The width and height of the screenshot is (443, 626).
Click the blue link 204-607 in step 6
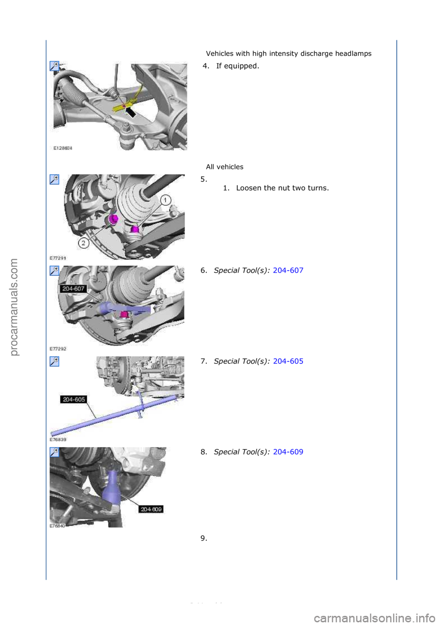tap(288, 270)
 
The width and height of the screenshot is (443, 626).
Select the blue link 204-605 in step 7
tap(288, 361)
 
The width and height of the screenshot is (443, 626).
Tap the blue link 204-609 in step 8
tap(288, 452)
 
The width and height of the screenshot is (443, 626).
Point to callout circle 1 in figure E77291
tap(165, 200)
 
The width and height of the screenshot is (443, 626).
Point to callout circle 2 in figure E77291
tap(84, 243)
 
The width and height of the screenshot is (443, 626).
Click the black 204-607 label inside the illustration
tap(73, 289)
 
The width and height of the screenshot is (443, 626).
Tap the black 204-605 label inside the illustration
tap(74, 399)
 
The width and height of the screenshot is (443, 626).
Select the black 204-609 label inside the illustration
tap(151, 509)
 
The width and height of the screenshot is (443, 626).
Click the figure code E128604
tap(63, 148)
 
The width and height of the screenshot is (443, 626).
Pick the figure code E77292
tap(58, 349)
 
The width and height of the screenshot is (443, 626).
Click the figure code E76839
tap(58, 440)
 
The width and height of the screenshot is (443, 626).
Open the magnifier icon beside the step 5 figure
tap(54, 179)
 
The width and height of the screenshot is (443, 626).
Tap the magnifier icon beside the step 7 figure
tap(54, 361)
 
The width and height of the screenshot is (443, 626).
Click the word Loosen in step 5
tap(249, 188)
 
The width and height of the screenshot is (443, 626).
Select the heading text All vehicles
tap(225, 167)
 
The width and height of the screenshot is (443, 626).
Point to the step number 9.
tap(204, 538)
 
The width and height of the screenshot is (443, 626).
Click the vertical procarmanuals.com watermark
tap(14, 307)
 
